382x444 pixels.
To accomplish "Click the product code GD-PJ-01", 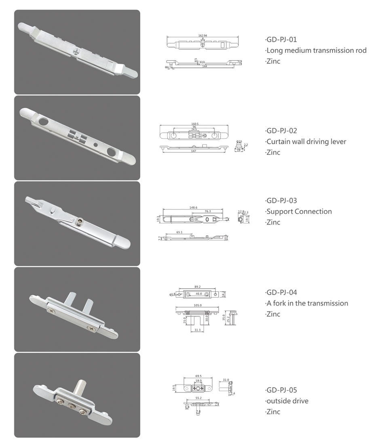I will pos(282,40).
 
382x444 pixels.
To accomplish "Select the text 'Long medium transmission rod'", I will pos(317,50).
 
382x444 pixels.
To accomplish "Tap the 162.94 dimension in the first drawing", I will pos(203,36).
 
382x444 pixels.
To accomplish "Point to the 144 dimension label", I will pos(205,66).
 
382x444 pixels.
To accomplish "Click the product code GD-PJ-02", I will pos(282,131).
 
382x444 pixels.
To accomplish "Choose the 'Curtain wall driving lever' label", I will pos(306,142).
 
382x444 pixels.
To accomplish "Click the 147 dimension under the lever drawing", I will pos(194,151).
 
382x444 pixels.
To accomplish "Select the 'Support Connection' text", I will pos(299,212).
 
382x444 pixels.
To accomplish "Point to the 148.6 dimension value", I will pos(193,207).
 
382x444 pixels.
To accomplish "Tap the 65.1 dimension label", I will pos(179,232).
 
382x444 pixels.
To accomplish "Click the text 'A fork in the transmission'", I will pos(307,303).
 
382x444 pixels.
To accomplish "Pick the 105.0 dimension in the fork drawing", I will pos(198,306).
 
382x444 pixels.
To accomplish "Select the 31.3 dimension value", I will pos(197,330).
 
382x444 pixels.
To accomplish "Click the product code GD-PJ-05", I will pos(282,390).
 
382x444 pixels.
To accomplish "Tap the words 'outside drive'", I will pos(287,401).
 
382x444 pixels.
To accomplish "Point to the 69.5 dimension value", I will pos(198,376).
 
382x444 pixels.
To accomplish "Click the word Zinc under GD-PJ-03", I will pos(273,222).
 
